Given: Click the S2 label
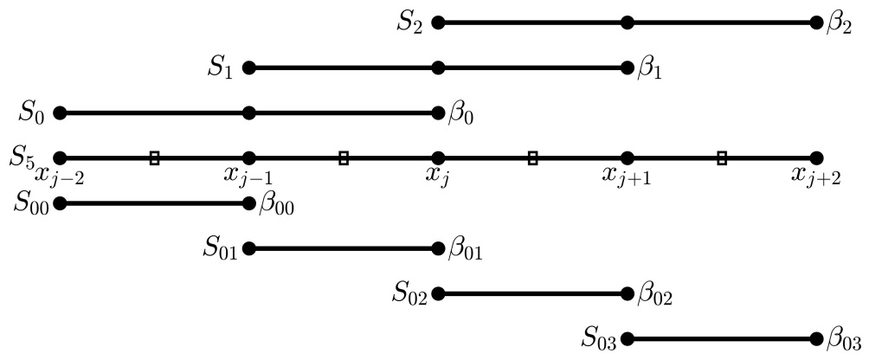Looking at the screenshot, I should (410, 22).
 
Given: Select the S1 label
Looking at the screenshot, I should (220, 67).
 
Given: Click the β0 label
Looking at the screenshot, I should (461, 113).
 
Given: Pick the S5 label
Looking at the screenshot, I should (23, 157).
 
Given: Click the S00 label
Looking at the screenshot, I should (31, 204).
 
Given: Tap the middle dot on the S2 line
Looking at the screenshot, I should (628, 22).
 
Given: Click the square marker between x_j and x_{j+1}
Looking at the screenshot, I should (532, 157).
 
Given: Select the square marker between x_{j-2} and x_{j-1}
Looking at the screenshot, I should (154, 157).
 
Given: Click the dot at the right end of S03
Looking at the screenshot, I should (816, 339).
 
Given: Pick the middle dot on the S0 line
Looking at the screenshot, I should (249, 112).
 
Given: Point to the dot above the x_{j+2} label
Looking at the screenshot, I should (816, 157).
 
